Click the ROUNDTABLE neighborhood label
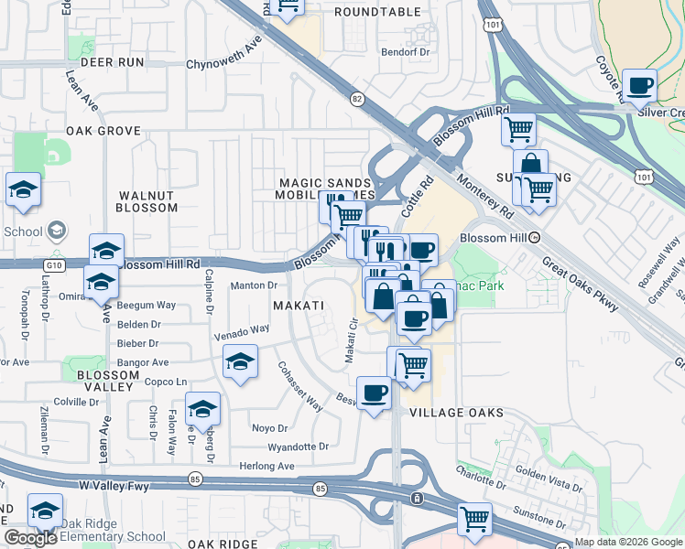pos(377,12)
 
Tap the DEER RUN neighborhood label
pos(113,62)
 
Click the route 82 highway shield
pos(356,97)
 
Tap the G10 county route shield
pos(55,265)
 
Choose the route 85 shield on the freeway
pos(319,490)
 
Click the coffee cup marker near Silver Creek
pos(639,86)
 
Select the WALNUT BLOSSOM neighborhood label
pos(147,201)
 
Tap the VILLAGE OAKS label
pos(456,413)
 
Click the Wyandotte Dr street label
pos(298,447)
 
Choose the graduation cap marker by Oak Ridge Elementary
pos(44,511)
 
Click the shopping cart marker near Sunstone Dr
pos(474,520)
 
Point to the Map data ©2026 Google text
pos(628,542)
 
